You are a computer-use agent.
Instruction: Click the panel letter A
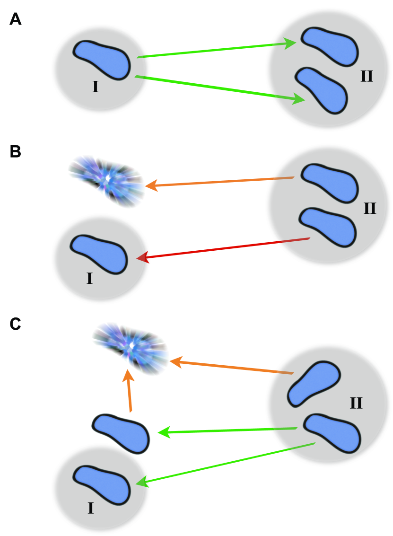click(16, 20)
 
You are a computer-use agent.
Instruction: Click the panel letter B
click(15, 153)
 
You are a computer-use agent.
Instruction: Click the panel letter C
click(16, 324)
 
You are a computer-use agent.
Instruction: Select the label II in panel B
click(369, 208)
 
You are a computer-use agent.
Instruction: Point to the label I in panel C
click(91, 509)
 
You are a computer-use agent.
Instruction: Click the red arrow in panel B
click(222, 248)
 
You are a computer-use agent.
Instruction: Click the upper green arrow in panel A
click(215, 51)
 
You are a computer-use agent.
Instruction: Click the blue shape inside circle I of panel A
click(102, 59)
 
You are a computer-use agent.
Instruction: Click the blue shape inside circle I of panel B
click(99, 254)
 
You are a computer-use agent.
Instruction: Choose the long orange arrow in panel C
click(232, 368)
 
